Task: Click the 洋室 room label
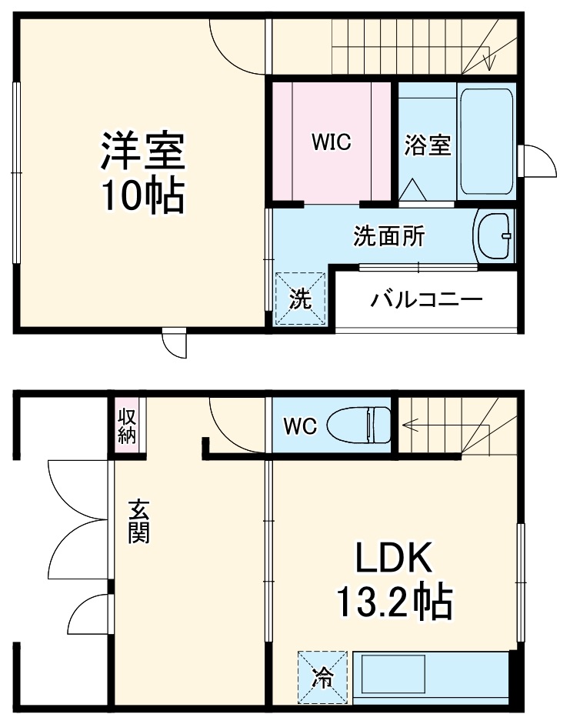tap(142, 151)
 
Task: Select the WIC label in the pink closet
tap(331, 142)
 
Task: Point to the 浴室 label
tap(427, 145)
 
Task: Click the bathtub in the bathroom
tap(485, 142)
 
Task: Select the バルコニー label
tap(426, 299)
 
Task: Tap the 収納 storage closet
tap(127, 425)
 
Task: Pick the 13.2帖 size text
tap(393, 603)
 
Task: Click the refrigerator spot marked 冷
tap(322, 677)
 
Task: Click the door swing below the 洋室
tap(175, 345)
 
